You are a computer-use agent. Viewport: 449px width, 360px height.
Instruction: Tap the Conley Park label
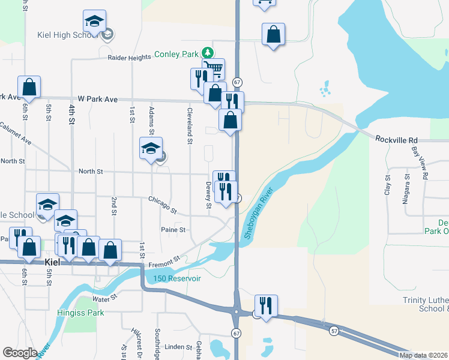click(x=176, y=54)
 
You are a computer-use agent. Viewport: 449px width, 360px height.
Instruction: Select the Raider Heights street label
click(x=129, y=58)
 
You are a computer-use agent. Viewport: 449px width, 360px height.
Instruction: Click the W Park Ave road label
click(x=97, y=98)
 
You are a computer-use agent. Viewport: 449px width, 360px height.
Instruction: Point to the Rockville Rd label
click(x=396, y=139)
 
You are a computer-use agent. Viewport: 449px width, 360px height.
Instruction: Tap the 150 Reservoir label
click(x=176, y=278)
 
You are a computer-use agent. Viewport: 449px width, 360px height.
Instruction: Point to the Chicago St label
click(x=163, y=204)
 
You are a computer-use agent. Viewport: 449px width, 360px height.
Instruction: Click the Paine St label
click(x=173, y=229)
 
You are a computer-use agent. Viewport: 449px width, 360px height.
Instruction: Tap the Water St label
click(x=104, y=298)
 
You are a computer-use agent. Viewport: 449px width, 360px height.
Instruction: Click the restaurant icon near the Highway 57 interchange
click(x=264, y=306)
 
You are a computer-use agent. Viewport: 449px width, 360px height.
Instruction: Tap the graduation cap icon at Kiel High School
click(x=95, y=22)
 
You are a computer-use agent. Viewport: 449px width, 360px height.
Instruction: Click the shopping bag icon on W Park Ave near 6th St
click(x=29, y=88)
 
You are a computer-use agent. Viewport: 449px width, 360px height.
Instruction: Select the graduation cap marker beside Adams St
click(x=151, y=149)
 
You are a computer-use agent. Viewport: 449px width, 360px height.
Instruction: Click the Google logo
click(x=20, y=353)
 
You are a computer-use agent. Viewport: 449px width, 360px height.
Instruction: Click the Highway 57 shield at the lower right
click(x=334, y=330)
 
